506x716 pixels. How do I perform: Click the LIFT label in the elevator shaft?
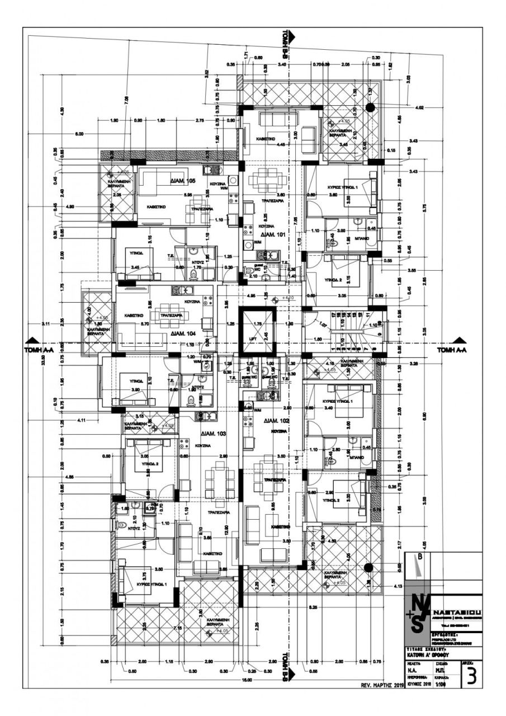[x=250, y=339]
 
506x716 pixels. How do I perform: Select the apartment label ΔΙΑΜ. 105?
[x=183, y=181]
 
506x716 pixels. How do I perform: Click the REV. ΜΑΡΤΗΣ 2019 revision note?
[x=379, y=685]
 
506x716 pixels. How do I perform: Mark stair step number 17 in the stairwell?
[x=333, y=317]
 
